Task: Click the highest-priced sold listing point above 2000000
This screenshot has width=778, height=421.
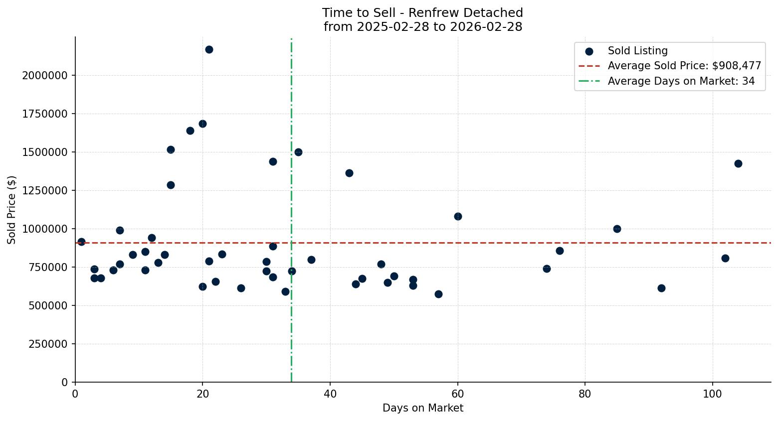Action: tap(209, 49)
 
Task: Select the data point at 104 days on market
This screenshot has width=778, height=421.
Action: tap(738, 163)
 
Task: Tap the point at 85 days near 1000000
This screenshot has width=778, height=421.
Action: tap(617, 229)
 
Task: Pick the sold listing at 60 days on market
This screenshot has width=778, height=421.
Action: tap(458, 216)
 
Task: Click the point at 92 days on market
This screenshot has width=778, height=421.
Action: tap(661, 288)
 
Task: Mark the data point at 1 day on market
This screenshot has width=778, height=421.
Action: tap(81, 242)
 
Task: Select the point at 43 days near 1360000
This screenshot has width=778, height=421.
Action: tap(349, 173)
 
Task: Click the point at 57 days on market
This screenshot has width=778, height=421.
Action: tap(438, 294)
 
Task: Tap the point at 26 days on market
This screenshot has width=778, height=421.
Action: tap(241, 288)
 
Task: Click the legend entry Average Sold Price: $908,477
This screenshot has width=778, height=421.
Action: tap(684, 66)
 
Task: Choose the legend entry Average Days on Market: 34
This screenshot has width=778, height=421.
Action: tap(681, 81)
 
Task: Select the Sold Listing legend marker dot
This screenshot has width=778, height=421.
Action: tap(589, 51)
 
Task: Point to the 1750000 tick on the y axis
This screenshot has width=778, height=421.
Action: tap(45, 114)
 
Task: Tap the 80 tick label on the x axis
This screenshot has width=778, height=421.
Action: tap(585, 393)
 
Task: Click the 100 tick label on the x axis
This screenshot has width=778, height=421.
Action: tap(712, 393)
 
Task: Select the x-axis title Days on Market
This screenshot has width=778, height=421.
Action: tap(422, 408)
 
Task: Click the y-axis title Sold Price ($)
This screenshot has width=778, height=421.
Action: tap(12, 209)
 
